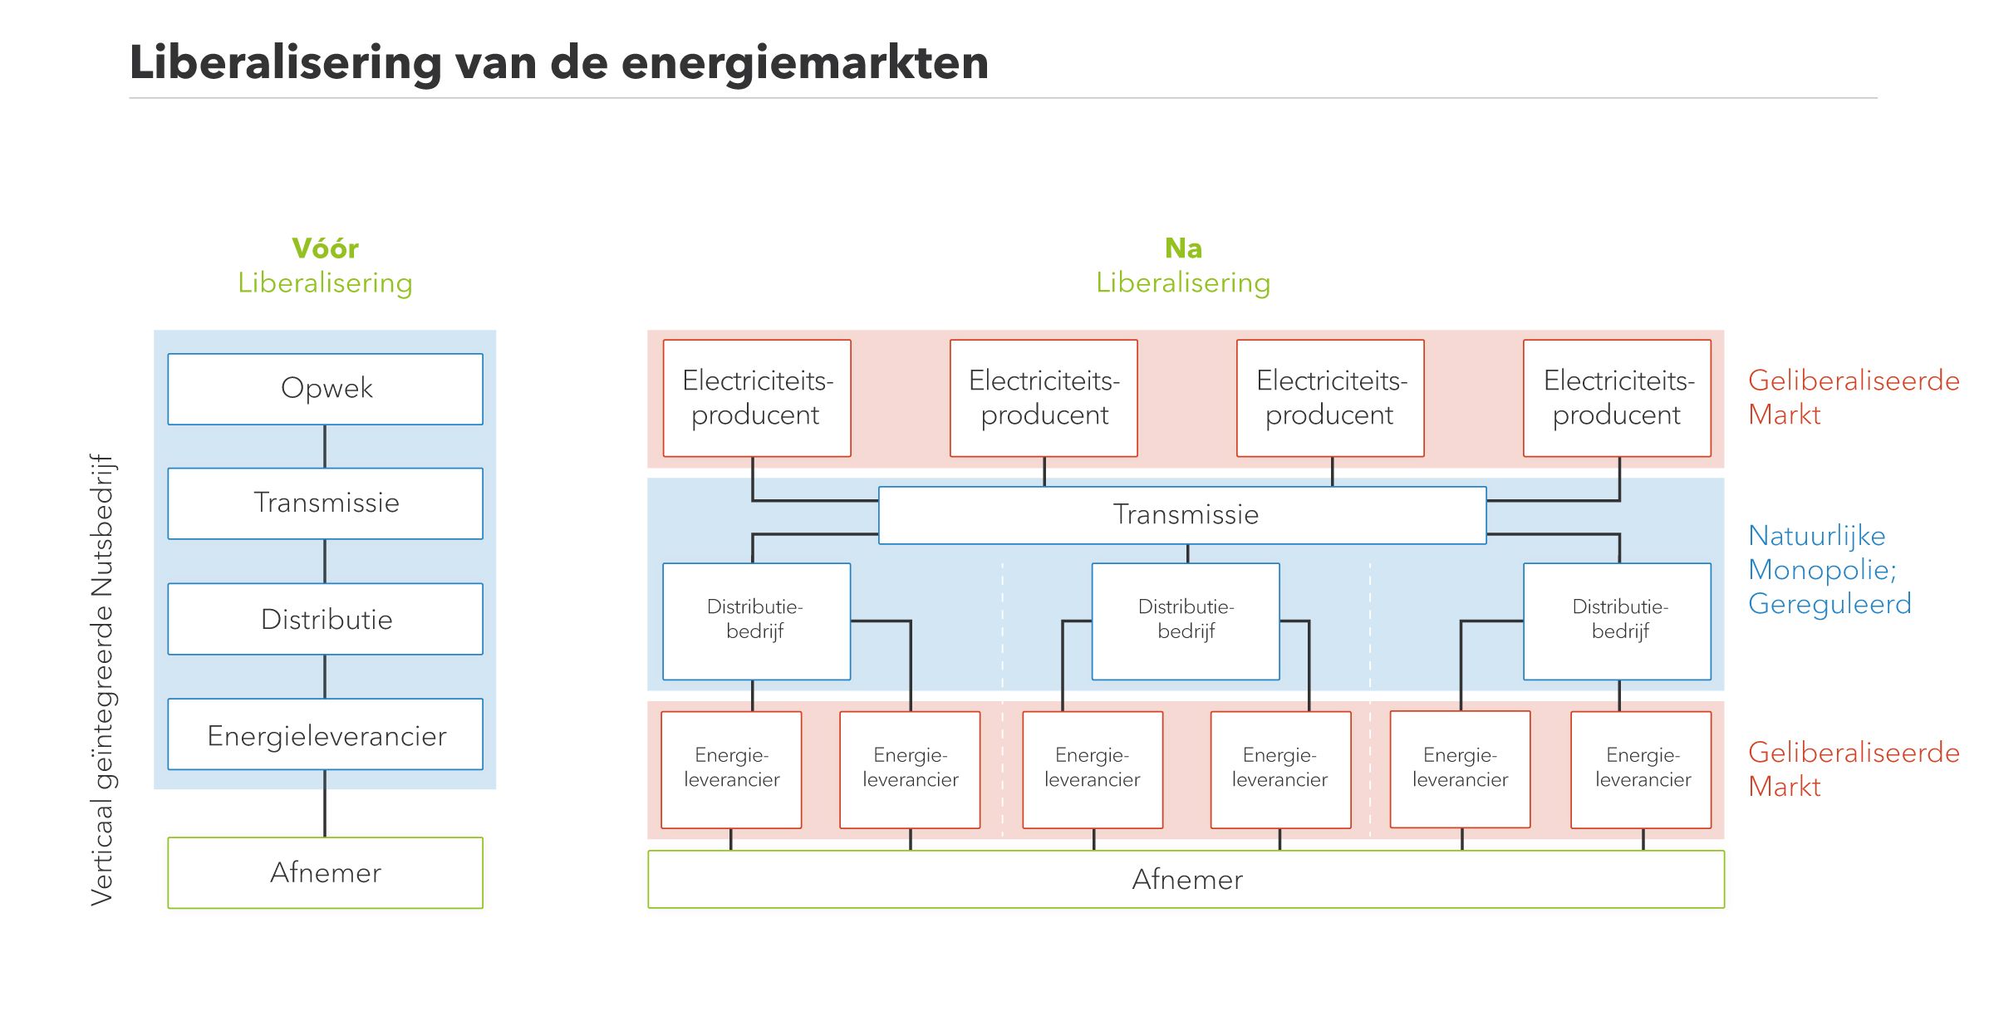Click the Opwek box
pos(325,389)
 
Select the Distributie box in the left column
pos(325,619)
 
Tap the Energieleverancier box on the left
pos(325,734)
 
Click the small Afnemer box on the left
pos(325,872)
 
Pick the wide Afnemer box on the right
pos(1186,879)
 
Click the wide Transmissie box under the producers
pos(1182,515)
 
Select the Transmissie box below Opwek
pos(325,503)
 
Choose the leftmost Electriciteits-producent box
pos(757,398)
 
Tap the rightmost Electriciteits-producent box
pos(1617,398)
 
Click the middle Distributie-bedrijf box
pos(1186,621)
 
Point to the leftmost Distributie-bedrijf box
pos(756,621)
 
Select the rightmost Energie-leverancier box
pos(1641,769)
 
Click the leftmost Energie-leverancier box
pos(731,769)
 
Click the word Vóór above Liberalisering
pos(325,248)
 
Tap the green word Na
pos(1183,248)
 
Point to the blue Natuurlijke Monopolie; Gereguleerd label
pos(1828,570)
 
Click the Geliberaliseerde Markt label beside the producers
pos(1852,397)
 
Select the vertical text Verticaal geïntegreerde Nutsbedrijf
pos(102,680)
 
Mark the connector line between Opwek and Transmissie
pos(325,446)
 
